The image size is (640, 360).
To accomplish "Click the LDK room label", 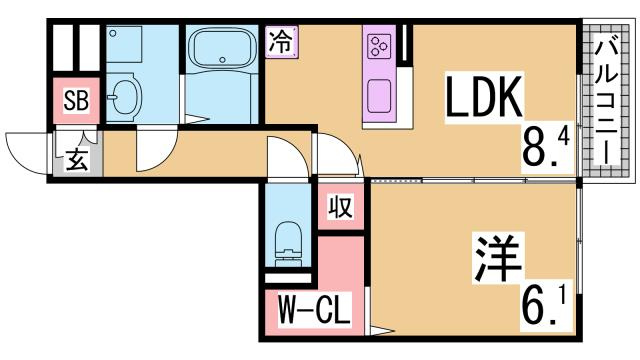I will coord(484,98).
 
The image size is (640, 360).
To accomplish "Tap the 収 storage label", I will coord(340,209).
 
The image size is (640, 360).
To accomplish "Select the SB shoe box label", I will coord(76,99).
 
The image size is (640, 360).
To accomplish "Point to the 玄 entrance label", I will coord(76,160).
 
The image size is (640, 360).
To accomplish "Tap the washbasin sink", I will coord(126,98).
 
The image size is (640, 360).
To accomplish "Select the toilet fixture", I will coord(288,241).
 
